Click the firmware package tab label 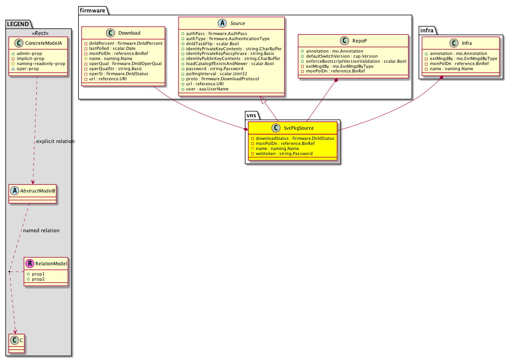(92, 11)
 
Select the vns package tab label (251, 115)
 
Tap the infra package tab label (426, 30)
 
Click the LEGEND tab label (18, 24)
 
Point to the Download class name (129, 33)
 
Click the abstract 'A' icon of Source (222, 23)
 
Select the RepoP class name (359, 41)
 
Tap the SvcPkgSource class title (299, 128)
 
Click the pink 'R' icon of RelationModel (30, 263)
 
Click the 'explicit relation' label (55, 141)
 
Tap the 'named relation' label (41, 230)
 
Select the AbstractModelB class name (37, 191)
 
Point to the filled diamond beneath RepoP (336, 80)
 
